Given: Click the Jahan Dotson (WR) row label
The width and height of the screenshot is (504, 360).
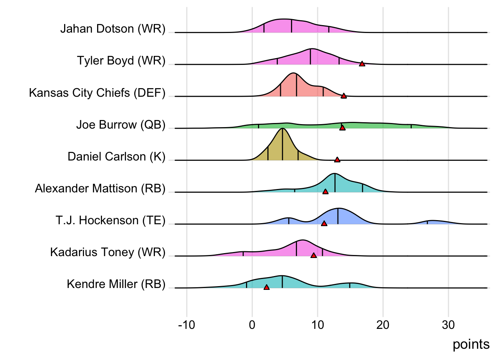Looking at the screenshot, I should tap(113, 29).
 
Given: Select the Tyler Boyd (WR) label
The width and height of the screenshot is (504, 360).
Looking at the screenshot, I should tap(121, 61).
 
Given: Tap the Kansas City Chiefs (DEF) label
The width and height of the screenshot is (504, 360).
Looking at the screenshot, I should tap(97, 93).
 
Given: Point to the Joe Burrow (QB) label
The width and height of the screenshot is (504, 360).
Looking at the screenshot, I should tap(121, 124).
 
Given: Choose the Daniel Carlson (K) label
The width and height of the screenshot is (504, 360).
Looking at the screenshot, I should tap(116, 156).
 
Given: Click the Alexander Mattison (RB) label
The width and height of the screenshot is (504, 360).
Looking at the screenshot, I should tap(100, 188).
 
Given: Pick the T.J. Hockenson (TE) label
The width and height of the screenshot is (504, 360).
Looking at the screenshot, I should tap(111, 220).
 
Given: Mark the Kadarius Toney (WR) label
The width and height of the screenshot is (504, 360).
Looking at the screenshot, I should tap(108, 252).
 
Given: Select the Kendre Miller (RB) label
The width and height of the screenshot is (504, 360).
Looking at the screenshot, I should tap(116, 284).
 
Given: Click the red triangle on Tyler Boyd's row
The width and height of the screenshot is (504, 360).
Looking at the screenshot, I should tap(362, 64).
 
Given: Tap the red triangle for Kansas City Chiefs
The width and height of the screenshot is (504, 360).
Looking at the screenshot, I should tap(343, 96).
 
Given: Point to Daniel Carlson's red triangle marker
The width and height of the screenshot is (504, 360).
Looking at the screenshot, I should tap(337, 160).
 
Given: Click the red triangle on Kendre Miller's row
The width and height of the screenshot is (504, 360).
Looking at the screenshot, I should tap(267, 287).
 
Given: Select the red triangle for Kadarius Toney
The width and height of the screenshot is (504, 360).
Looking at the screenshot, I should tap(313, 255).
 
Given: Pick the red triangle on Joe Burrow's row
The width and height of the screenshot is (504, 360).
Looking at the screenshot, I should tap(342, 128).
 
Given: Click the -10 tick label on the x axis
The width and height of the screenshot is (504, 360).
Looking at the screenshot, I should tap(186, 325).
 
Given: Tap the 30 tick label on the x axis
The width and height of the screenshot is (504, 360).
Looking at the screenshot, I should tap(448, 325).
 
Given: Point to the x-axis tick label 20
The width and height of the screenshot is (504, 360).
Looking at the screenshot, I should tap(383, 325).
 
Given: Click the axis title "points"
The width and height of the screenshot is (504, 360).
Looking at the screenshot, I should tap(471, 344).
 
